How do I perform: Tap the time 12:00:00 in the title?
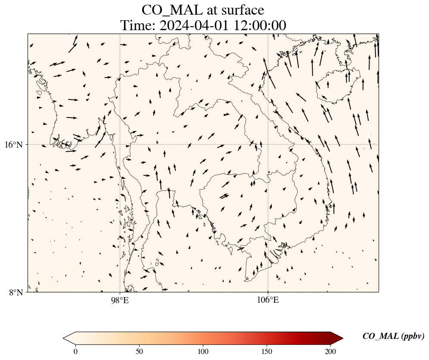(x=260, y=25)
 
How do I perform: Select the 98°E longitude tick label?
(x=120, y=300)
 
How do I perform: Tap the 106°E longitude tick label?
(x=268, y=300)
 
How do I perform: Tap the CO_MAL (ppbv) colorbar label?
(x=393, y=336)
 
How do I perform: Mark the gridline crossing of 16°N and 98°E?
(x=120, y=144)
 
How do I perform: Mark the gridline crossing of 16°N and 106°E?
(x=268, y=144)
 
